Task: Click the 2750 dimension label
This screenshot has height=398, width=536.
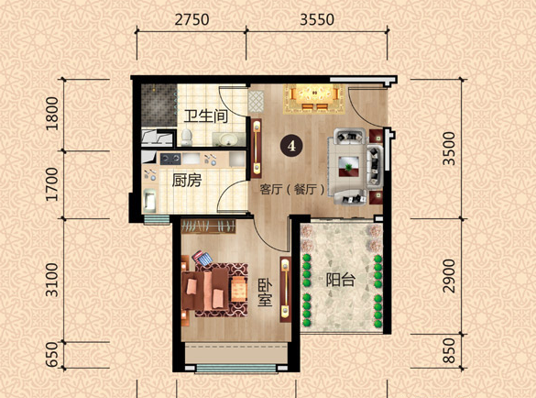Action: [191, 19]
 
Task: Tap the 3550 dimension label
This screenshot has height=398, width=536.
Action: [317, 19]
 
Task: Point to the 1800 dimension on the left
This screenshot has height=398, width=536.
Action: [52, 114]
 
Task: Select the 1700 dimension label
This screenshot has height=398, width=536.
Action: [52, 184]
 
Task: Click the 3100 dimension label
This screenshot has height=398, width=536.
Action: [52, 280]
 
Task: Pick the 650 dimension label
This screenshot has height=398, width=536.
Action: [52, 354]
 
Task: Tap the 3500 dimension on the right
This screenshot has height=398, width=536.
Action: [449, 149]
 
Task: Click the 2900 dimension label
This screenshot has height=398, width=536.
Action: [449, 276]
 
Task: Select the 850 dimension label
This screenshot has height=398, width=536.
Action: [449, 350]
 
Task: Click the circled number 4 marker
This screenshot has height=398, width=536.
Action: [291, 146]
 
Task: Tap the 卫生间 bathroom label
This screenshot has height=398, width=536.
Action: [206, 116]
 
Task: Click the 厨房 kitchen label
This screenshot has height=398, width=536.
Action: [187, 181]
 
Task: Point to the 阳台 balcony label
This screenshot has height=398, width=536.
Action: [341, 280]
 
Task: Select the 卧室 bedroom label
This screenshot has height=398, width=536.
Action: [265, 293]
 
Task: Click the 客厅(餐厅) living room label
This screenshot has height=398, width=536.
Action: [292, 189]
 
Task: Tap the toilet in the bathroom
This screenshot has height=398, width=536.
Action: [186, 138]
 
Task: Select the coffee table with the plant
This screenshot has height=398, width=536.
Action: [348, 166]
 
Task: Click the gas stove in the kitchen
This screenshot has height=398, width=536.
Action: [170, 159]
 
